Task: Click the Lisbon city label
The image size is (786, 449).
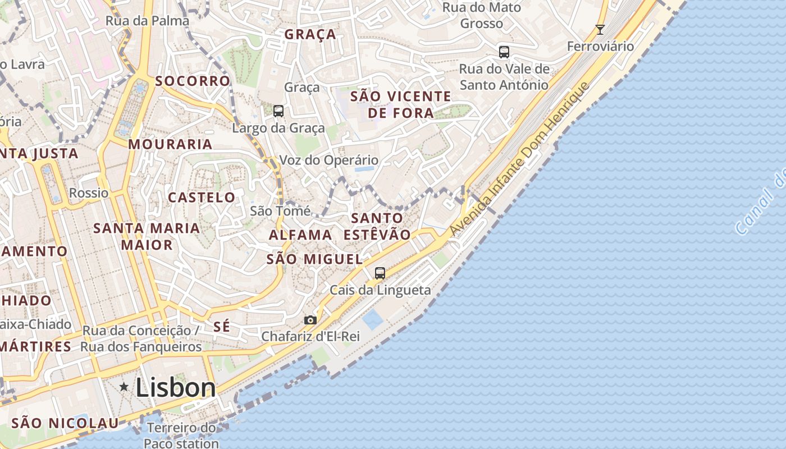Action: tap(175, 388)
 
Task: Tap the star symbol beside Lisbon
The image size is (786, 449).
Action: tap(124, 387)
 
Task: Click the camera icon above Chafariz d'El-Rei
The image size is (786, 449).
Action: tap(310, 320)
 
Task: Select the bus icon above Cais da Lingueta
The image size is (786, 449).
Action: tap(380, 273)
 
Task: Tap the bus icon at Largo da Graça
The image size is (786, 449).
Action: tap(278, 111)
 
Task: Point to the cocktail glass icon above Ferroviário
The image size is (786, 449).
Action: tap(600, 30)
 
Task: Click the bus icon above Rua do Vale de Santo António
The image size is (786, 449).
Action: tap(504, 52)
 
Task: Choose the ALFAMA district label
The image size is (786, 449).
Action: tap(300, 235)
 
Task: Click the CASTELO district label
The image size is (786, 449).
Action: tap(202, 198)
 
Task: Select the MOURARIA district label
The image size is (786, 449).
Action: tap(170, 144)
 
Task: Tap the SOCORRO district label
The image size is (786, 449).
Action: tap(193, 81)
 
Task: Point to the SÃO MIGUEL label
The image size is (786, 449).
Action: tap(314, 259)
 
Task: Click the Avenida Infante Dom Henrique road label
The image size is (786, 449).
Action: tap(520, 159)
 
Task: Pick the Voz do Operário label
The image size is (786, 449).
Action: tap(329, 161)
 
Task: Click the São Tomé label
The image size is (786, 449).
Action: tap(280, 211)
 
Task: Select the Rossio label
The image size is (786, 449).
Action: tap(89, 193)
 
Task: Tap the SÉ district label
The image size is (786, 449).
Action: tap(222, 327)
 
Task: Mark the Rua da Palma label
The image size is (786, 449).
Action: tap(148, 21)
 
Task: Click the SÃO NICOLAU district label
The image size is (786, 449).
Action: tap(65, 423)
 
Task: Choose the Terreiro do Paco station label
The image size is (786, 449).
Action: tap(181, 436)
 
